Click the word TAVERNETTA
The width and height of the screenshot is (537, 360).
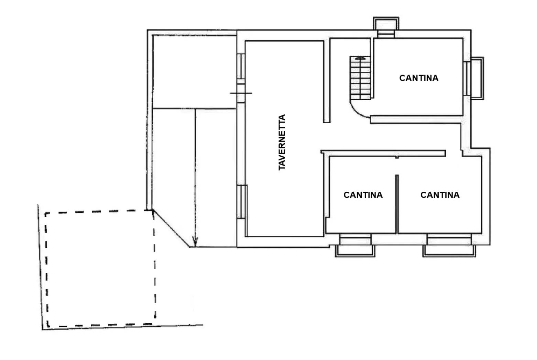tap(282, 142)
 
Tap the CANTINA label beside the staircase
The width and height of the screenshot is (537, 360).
tap(419, 78)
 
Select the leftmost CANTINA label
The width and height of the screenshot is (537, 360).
tap(363, 195)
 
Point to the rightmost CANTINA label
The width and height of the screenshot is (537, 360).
tap(440, 195)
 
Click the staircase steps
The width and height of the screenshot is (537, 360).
tap(360, 78)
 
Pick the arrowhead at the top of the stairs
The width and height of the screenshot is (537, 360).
tap(360, 58)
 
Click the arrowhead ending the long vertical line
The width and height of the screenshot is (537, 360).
tap(195, 241)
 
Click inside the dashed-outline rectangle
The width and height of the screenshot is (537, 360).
tap(100, 268)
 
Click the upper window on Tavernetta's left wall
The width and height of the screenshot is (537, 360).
tap(241, 66)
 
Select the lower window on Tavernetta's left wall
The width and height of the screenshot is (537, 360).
tap(242, 202)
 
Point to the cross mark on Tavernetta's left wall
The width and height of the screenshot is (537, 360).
tap(241, 93)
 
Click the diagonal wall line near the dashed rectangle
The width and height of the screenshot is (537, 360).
tap(171, 228)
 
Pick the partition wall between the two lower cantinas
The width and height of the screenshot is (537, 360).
tap(397, 204)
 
